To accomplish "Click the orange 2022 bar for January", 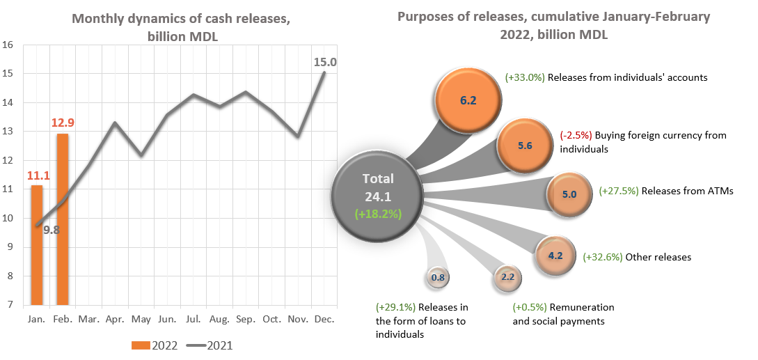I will pos(36,244).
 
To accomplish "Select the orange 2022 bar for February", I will pos(63,219).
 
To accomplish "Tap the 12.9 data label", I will pos(62,123).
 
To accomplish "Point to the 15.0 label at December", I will pos(325,63).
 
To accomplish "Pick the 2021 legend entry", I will pos(213,345).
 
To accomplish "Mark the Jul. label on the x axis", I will pos(193,319).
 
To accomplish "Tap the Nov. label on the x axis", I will pos(298,319).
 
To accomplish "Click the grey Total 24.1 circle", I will pos(377,196).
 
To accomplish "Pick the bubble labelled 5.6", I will pos(525,146).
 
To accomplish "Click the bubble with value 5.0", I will pos(569,194).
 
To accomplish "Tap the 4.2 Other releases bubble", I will pos(555,256).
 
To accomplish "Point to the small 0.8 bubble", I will pos(438,277).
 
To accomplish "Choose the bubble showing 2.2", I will pos(507,277).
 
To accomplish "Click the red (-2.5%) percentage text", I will pos(576,136).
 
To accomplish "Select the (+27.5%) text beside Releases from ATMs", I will pos(619,191).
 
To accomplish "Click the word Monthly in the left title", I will pos(99,19).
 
